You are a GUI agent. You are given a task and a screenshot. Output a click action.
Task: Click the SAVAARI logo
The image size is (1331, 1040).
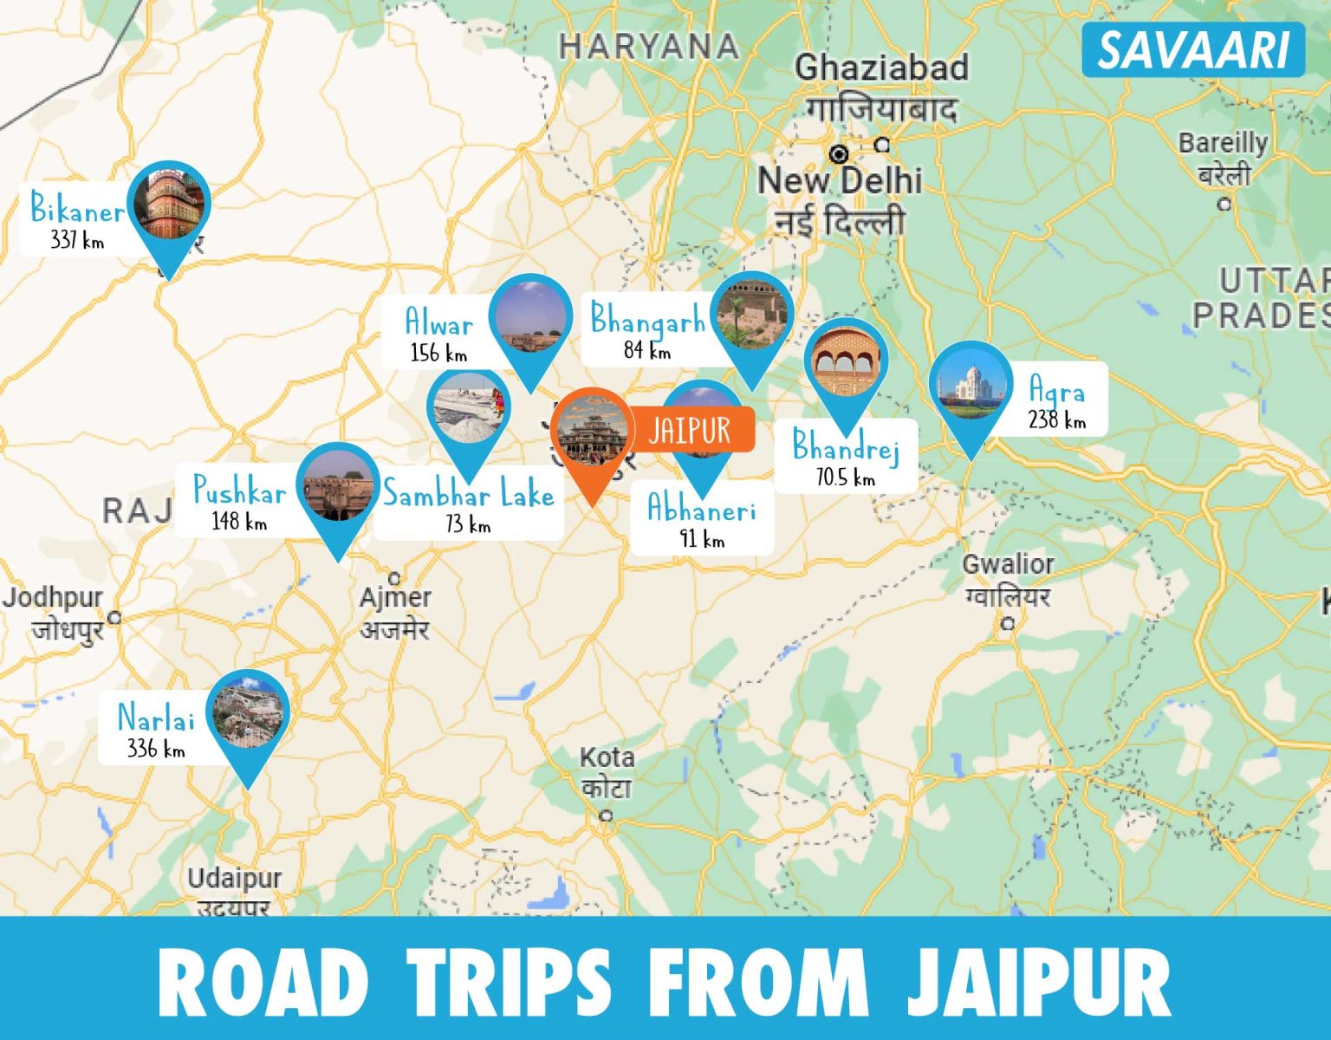(x=1193, y=50)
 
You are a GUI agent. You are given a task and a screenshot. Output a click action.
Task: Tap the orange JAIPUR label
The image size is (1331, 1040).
(x=690, y=429)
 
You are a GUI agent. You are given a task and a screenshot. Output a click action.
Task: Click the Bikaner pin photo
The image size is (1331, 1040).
(x=169, y=204)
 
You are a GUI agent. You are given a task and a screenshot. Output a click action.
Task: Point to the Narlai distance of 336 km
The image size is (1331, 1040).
(x=156, y=748)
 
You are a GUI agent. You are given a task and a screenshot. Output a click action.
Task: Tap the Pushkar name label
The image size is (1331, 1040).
(x=239, y=491)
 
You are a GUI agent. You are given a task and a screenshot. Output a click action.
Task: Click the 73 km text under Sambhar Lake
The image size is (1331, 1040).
(x=468, y=523)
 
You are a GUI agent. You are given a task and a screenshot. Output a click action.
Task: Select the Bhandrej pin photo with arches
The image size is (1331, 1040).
(x=846, y=362)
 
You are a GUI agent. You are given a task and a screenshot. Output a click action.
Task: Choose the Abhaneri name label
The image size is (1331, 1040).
(x=702, y=509)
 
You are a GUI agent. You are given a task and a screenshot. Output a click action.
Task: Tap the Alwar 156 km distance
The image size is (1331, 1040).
(x=438, y=353)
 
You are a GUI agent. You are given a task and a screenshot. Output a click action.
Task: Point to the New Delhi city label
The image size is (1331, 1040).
(x=840, y=181)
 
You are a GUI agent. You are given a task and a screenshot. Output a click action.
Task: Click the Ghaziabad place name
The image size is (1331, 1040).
(x=881, y=68)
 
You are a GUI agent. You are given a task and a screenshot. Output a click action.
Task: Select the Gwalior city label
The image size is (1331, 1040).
(x=1008, y=564)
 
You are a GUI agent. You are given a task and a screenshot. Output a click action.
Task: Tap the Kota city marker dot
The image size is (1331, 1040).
(x=607, y=816)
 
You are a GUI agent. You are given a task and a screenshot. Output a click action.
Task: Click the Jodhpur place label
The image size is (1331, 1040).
(x=52, y=597)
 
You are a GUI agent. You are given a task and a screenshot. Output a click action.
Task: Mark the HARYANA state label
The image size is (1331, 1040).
(x=648, y=46)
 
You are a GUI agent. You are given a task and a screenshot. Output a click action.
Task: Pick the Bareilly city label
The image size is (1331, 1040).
(x=1223, y=143)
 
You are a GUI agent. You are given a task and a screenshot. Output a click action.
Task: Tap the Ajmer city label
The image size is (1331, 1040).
(x=395, y=597)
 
